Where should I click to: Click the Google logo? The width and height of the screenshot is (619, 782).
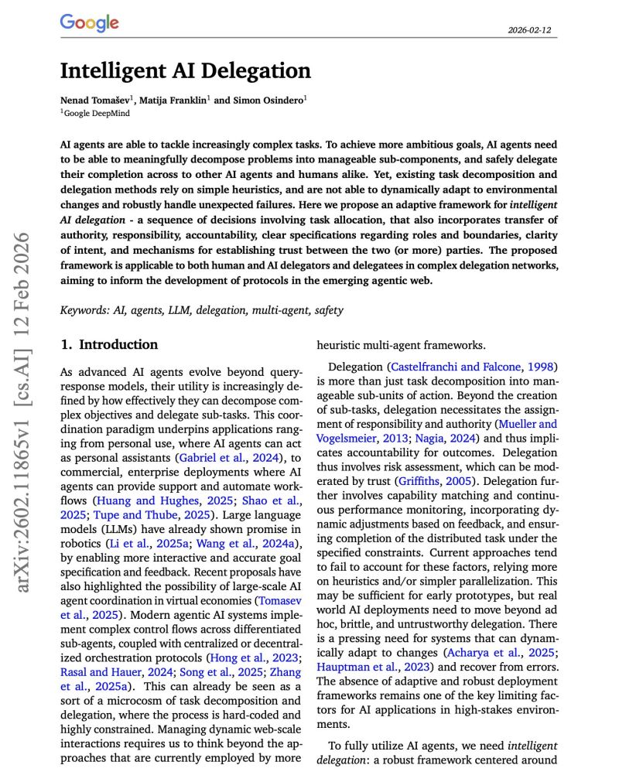(89, 22)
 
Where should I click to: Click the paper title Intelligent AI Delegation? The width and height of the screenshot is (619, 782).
(186, 71)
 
